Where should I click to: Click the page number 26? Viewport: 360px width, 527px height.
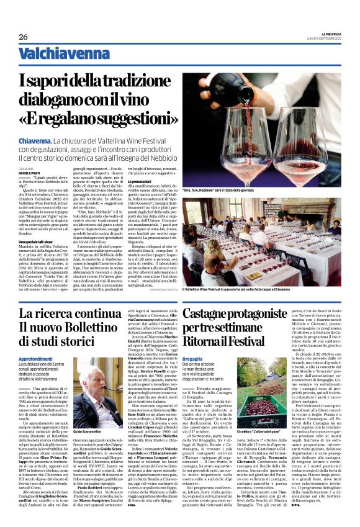point(23,37)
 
